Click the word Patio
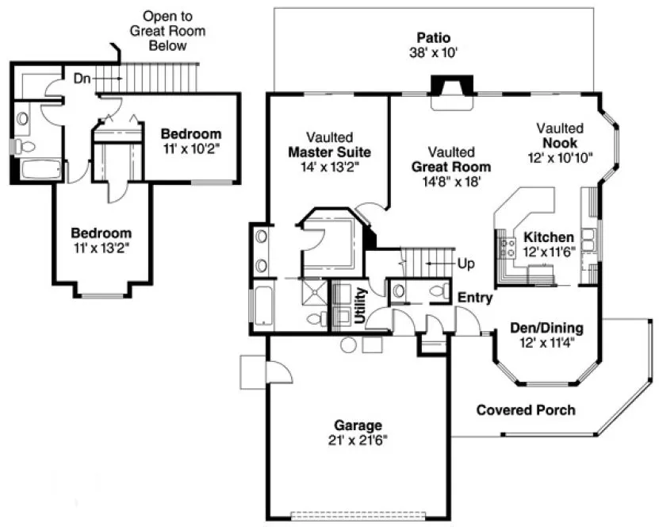[x=435, y=37]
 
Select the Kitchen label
[x=548, y=237]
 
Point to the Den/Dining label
[x=546, y=328]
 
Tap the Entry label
[x=475, y=298]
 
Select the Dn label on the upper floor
[x=82, y=78]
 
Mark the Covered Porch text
[x=526, y=410]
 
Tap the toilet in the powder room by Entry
[x=436, y=292]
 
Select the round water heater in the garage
[x=347, y=344]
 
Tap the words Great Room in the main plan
[x=450, y=167]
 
